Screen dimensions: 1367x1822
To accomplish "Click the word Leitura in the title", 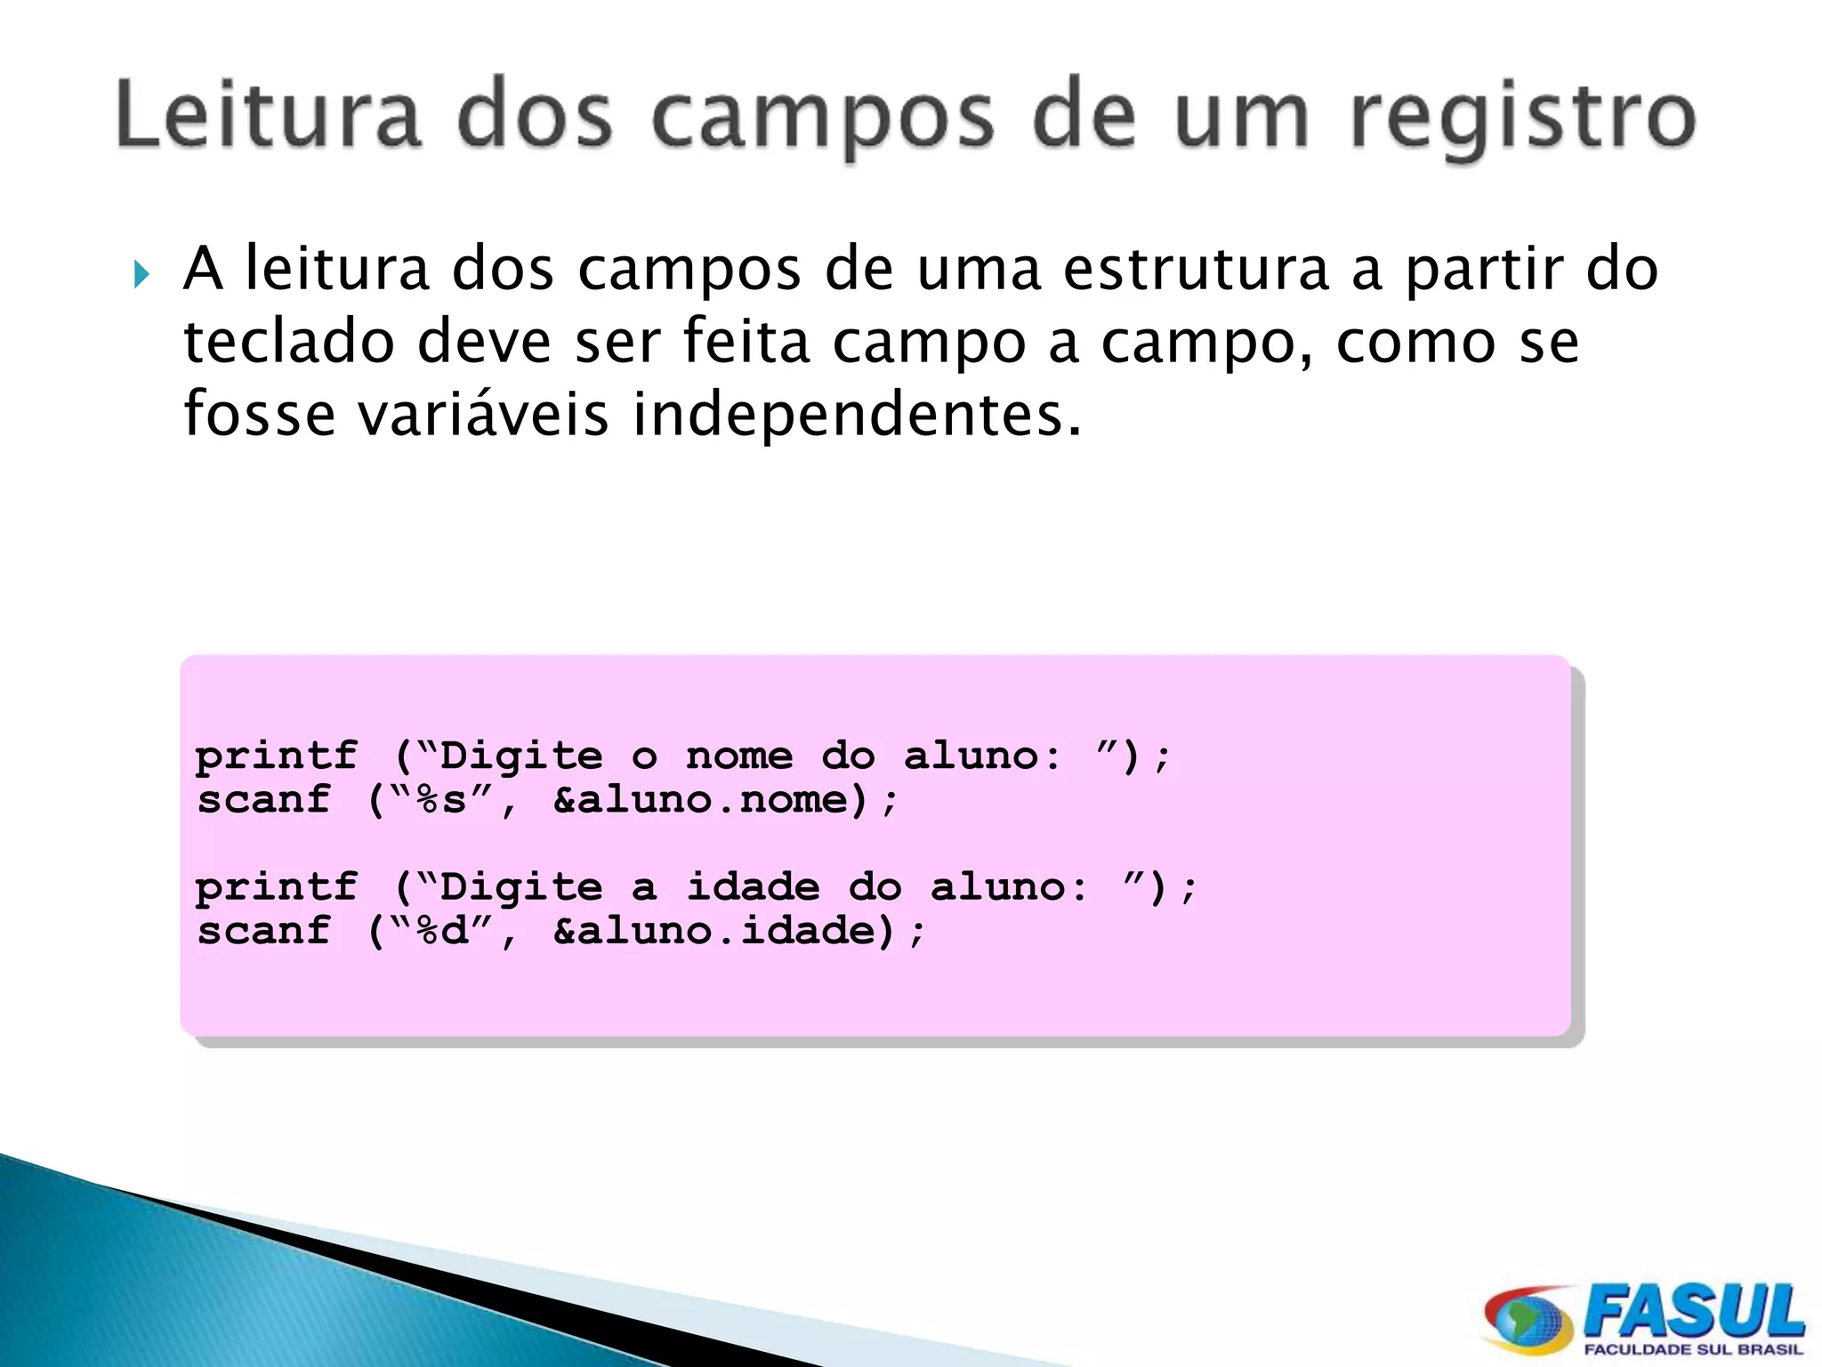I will tap(268, 117).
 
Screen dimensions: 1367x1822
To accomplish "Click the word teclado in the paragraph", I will tap(288, 342).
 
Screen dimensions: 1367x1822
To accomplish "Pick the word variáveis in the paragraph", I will tap(483, 415).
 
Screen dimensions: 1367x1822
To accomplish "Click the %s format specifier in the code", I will tap(440, 800).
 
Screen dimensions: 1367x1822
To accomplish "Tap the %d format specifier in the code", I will tap(441, 931).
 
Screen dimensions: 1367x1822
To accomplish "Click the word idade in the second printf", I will tap(753, 887).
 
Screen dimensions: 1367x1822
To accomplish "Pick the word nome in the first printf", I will tap(738, 756).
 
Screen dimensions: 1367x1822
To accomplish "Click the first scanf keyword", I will tap(263, 800).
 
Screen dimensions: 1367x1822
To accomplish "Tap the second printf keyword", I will tap(277, 887).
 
